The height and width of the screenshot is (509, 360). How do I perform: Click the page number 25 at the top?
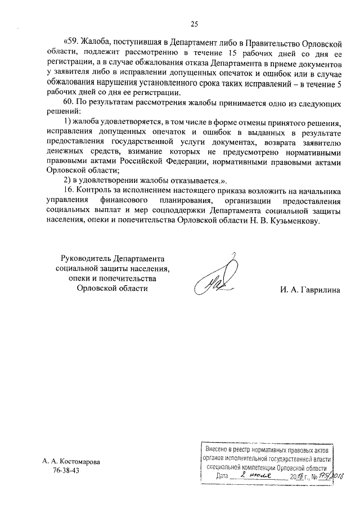tap(195, 24)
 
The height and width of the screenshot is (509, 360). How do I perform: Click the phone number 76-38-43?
tap(66, 470)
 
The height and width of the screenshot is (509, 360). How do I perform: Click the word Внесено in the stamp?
tap(219, 451)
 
